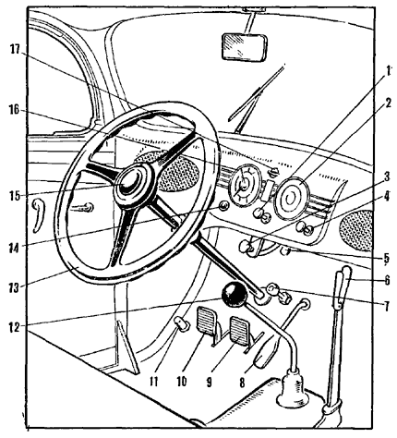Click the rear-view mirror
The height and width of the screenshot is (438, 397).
244,47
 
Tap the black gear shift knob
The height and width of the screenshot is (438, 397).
235,295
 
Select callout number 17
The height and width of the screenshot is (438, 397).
15,49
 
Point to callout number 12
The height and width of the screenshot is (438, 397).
14,327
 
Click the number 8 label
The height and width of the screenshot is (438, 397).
242,383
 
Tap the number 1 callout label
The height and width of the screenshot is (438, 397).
388,72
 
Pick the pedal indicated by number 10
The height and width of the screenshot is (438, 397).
206,322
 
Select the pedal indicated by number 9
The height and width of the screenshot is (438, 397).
239,331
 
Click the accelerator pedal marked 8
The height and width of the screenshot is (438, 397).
265,352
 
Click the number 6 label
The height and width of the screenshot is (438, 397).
387,280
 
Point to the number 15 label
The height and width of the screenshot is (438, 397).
14,196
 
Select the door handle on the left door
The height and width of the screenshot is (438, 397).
39,215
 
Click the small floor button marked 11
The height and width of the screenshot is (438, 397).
182,323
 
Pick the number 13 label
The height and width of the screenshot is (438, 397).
14,288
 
